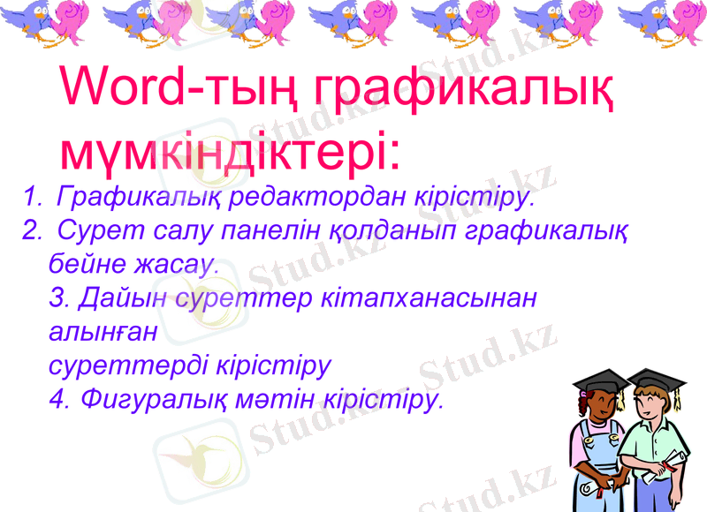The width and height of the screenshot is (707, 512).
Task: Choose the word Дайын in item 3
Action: [124, 297]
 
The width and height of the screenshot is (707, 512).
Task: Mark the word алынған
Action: [103, 332]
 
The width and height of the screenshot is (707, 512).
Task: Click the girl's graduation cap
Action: [597, 380]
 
